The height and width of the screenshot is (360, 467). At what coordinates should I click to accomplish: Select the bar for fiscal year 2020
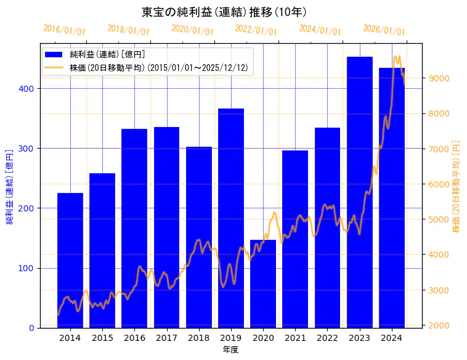coord(263,284)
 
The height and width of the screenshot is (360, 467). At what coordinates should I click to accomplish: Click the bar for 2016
coord(134,228)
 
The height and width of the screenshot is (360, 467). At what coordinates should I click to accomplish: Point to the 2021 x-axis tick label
coord(296,338)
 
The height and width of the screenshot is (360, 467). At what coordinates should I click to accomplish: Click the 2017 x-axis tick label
coord(166,338)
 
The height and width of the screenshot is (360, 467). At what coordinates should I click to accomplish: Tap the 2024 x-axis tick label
coord(392,338)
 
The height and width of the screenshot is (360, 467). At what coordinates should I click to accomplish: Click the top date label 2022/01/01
coord(256,30)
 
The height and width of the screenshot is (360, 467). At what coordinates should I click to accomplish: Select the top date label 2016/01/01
coord(64,30)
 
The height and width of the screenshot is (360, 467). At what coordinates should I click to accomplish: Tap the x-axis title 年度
coord(231,350)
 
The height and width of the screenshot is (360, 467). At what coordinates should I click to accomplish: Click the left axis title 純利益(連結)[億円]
coord(10,186)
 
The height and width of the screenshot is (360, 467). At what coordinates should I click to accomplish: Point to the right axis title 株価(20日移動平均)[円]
coord(457,186)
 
